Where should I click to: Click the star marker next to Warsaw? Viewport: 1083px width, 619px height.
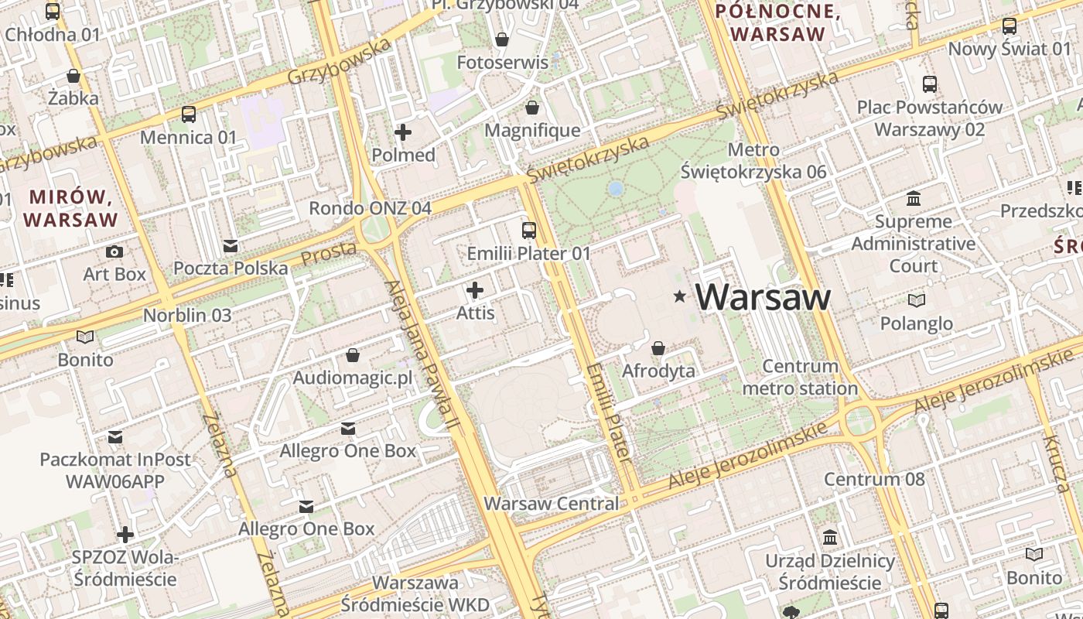680,296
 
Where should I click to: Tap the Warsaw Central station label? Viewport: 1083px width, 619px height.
551,504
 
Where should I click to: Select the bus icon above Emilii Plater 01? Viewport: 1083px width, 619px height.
529,230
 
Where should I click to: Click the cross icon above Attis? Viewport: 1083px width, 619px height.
475,290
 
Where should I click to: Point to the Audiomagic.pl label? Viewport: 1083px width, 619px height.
353,378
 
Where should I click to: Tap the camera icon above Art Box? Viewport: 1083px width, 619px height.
114,251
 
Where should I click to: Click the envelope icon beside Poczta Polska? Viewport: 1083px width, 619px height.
230,246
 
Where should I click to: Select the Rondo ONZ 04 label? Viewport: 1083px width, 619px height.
370,208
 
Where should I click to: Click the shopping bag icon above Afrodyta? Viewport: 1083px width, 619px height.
658,348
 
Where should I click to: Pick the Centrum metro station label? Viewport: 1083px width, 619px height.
800,377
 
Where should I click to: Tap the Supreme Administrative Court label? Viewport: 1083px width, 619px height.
914,244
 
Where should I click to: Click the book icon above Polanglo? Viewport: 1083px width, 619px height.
916,300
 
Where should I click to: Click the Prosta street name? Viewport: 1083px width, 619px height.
328,253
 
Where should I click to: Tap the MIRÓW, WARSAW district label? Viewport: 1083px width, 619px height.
70,207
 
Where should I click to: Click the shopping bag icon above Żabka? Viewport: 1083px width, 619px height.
73,76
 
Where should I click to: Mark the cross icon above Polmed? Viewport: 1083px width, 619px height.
403,132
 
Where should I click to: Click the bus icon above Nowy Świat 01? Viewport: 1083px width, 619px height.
1010,26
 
